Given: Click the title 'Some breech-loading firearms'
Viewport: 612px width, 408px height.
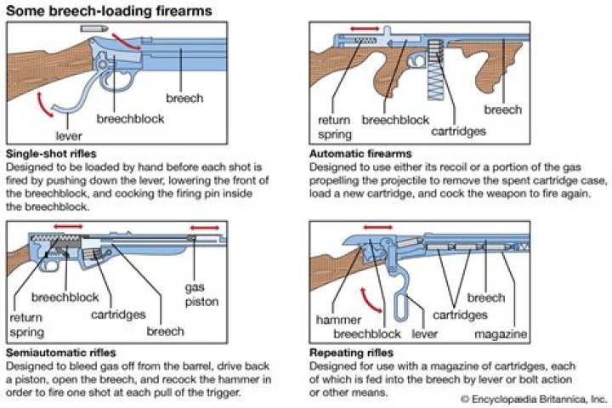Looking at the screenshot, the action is pyautogui.click(x=109, y=10).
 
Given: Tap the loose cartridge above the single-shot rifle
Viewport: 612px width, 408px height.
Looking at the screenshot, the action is pyautogui.click(x=94, y=28).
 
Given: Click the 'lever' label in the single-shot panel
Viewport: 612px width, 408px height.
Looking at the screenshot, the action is pyautogui.click(x=69, y=136).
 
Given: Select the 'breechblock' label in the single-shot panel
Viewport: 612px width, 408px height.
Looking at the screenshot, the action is pyautogui.click(x=130, y=119).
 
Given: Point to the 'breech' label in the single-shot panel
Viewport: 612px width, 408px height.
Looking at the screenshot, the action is pyautogui.click(x=184, y=98).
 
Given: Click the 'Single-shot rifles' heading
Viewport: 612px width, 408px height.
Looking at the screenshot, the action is pyautogui.click(x=51, y=154).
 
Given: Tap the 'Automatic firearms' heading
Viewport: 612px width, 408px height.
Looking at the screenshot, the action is pyautogui.click(x=360, y=154).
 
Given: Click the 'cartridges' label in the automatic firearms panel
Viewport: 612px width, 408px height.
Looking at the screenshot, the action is pyautogui.click(x=459, y=131).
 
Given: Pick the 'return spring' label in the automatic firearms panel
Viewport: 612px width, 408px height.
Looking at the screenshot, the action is pyautogui.click(x=335, y=127).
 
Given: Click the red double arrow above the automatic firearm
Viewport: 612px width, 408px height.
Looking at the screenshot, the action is pyautogui.click(x=365, y=29).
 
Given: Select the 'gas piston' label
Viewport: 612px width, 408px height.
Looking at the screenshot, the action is pyautogui.click(x=201, y=294).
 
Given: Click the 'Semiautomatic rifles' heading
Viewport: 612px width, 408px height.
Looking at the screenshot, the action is pyautogui.click(x=61, y=353).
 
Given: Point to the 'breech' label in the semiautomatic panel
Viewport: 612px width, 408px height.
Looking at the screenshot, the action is pyautogui.click(x=166, y=331).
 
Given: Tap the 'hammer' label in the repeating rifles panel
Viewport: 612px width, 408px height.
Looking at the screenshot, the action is pyautogui.click(x=338, y=320).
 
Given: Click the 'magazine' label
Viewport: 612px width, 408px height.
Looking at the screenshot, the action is pyautogui.click(x=501, y=334).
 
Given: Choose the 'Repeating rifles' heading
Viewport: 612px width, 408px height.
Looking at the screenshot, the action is pyautogui.click(x=351, y=353).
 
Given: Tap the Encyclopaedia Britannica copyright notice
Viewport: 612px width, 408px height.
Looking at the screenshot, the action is pyautogui.click(x=534, y=399).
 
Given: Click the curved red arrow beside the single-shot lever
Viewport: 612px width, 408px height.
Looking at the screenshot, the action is pyautogui.click(x=43, y=105).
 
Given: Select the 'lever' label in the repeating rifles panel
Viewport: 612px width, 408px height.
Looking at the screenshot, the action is pyautogui.click(x=425, y=334).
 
